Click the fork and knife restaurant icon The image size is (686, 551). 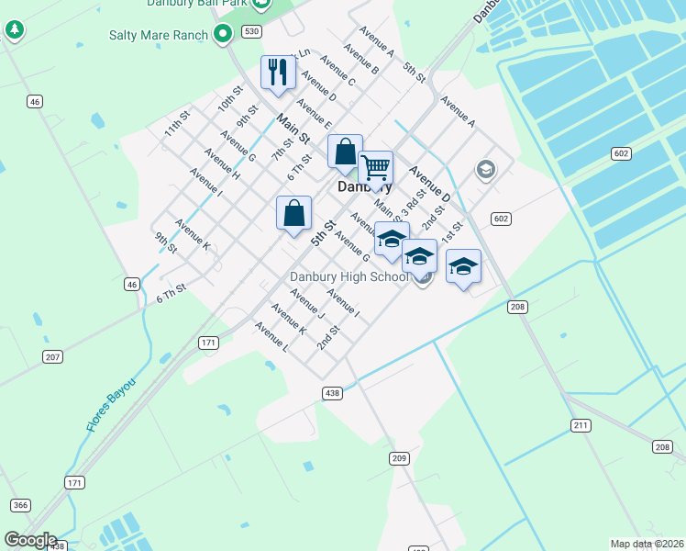pyautogui.click(x=278, y=72)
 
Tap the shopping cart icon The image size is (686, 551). pyautogui.click(x=375, y=167)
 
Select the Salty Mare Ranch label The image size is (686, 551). pyautogui.click(x=159, y=35)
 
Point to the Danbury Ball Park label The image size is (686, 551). pyautogui.click(x=196, y=4)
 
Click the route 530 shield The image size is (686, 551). pyautogui.click(x=251, y=31)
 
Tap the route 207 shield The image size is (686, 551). pyautogui.click(x=52, y=355)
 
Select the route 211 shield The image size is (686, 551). pyautogui.click(x=581, y=425)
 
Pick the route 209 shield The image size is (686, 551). pyautogui.click(x=398, y=457)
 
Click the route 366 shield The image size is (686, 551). pyautogui.click(x=19, y=505)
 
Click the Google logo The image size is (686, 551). pyautogui.click(x=29, y=540)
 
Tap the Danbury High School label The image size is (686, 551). pyautogui.click(x=349, y=276)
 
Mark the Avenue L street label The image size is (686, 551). pyautogui.click(x=272, y=338)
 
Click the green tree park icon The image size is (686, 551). pyautogui.click(x=14, y=29)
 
